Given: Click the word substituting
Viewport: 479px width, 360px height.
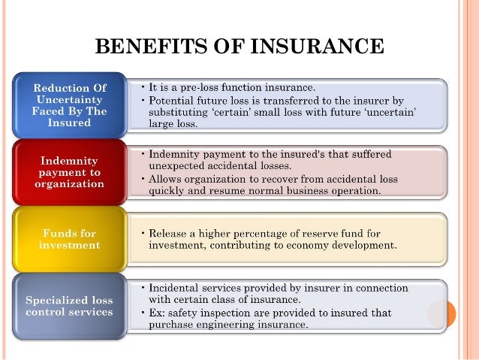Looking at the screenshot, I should [x=182, y=111].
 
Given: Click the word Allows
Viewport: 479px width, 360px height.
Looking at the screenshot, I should [x=168, y=179].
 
